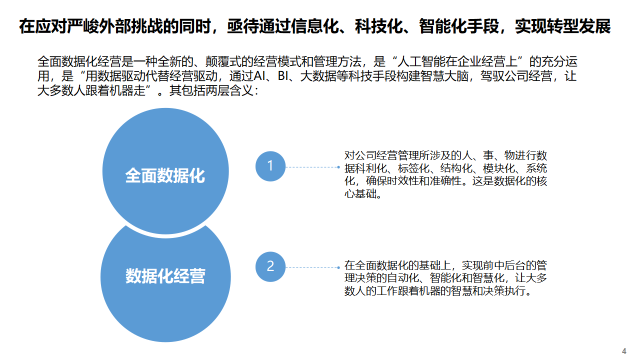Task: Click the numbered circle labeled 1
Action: coord(270,166)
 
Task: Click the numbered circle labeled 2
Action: coord(270,266)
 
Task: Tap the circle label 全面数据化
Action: coord(165,175)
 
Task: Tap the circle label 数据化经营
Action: coord(165,276)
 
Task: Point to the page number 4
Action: coord(624,350)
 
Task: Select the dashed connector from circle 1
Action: coord(312,167)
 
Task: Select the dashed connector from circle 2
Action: coord(312,267)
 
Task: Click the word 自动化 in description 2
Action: coord(400,278)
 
